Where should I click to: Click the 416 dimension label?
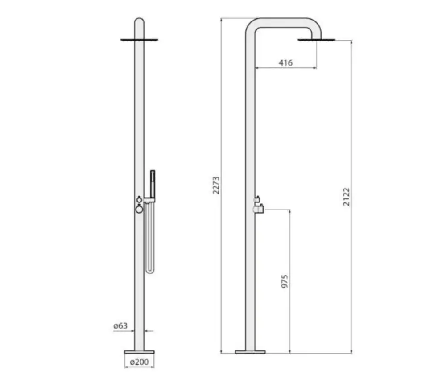pos(285,62)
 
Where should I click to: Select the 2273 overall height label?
pos(216,185)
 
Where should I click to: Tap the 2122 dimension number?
pos(346,197)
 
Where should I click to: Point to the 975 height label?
pos(285,281)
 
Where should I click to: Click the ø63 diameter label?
pos(120,325)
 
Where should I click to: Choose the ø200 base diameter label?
pos(139,362)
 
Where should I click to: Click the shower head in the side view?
pos(317,40)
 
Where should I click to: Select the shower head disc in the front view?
pos(139,40)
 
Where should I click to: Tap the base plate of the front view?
pos(139,352)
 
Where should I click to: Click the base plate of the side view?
pos(250,352)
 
